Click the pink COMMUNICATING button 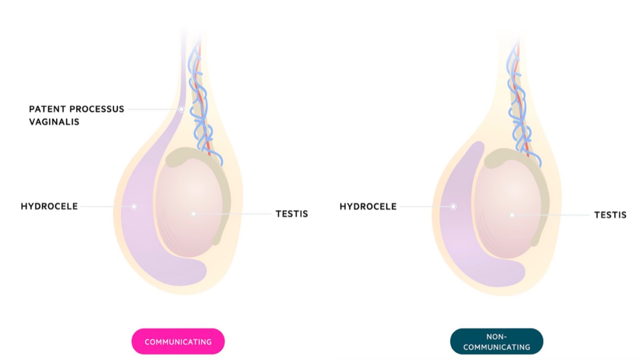(x=178, y=342)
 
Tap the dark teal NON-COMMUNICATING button (x=497, y=342)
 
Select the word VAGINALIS (x=54, y=122)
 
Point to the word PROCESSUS (x=98, y=109)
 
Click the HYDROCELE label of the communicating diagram (x=49, y=206)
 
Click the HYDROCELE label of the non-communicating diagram (x=368, y=206)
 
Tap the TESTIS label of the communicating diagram (x=292, y=214)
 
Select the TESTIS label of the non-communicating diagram (x=610, y=215)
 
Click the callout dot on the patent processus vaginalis (x=181, y=109)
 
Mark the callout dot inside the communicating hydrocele (x=134, y=206)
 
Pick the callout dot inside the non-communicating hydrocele (x=453, y=206)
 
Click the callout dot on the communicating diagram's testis (x=193, y=214)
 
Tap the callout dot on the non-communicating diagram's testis (x=512, y=215)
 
